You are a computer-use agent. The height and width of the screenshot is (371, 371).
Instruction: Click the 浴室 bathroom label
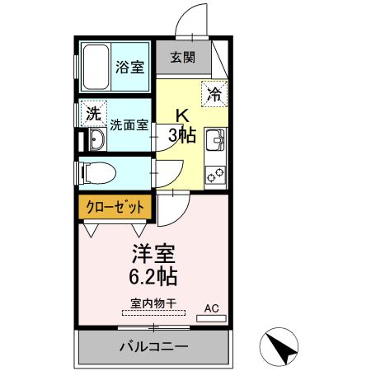tap(129, 68)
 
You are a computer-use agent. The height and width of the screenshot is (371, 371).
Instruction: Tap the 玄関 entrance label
tap(183, 58)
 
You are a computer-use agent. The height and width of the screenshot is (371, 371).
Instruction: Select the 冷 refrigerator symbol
tap(214, 94)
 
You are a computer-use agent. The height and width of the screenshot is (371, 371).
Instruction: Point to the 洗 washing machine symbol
tap(93, 113)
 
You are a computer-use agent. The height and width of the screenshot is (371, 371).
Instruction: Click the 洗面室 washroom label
tap(129, 125)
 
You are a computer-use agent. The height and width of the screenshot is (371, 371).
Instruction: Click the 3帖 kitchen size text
tap(183, 134)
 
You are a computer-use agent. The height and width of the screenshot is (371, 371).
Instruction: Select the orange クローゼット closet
tap(115, 206)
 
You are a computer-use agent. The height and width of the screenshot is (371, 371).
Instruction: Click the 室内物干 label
tap(153, 303)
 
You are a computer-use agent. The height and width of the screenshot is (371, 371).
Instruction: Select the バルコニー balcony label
tap(153, 346)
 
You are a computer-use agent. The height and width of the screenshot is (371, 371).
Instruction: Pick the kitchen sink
tap(216, 142)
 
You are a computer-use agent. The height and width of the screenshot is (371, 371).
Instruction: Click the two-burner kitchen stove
tap(216, 174)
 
